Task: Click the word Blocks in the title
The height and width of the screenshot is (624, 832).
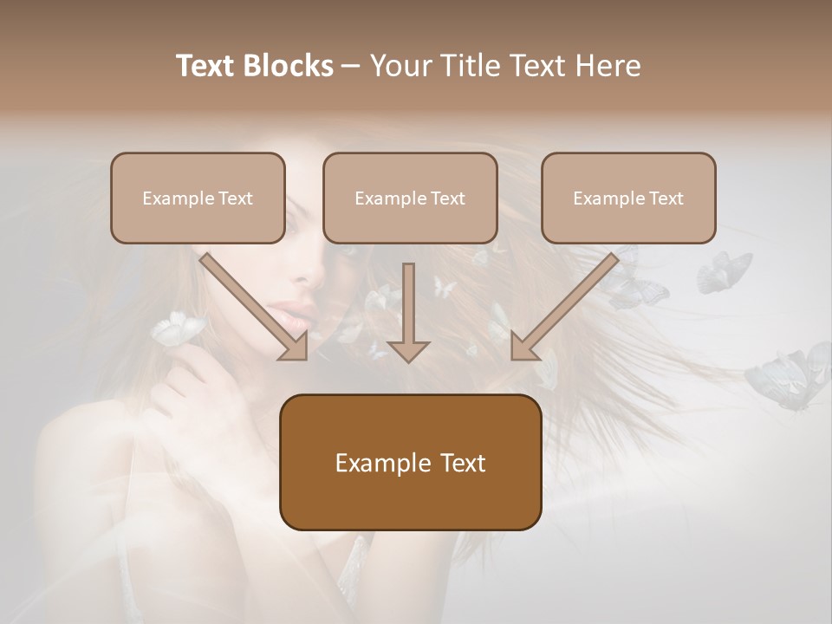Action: point(289,66)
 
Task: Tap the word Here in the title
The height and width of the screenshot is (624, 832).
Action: point(609,66)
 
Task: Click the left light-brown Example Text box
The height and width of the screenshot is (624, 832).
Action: point(198,198)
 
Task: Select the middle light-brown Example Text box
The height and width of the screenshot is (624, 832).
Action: point(410,198)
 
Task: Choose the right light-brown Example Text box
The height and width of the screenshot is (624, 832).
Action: point(628,198)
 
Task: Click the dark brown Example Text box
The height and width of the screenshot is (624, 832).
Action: point(410,462)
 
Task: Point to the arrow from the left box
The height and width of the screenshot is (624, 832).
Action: point(255,308)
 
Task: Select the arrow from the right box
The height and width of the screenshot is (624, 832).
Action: point(563,308)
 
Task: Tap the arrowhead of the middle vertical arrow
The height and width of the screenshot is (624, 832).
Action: point(408,350)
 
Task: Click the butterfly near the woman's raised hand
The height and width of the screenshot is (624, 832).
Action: point(178,328)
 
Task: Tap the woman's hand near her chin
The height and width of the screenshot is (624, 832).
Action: point(186,381)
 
